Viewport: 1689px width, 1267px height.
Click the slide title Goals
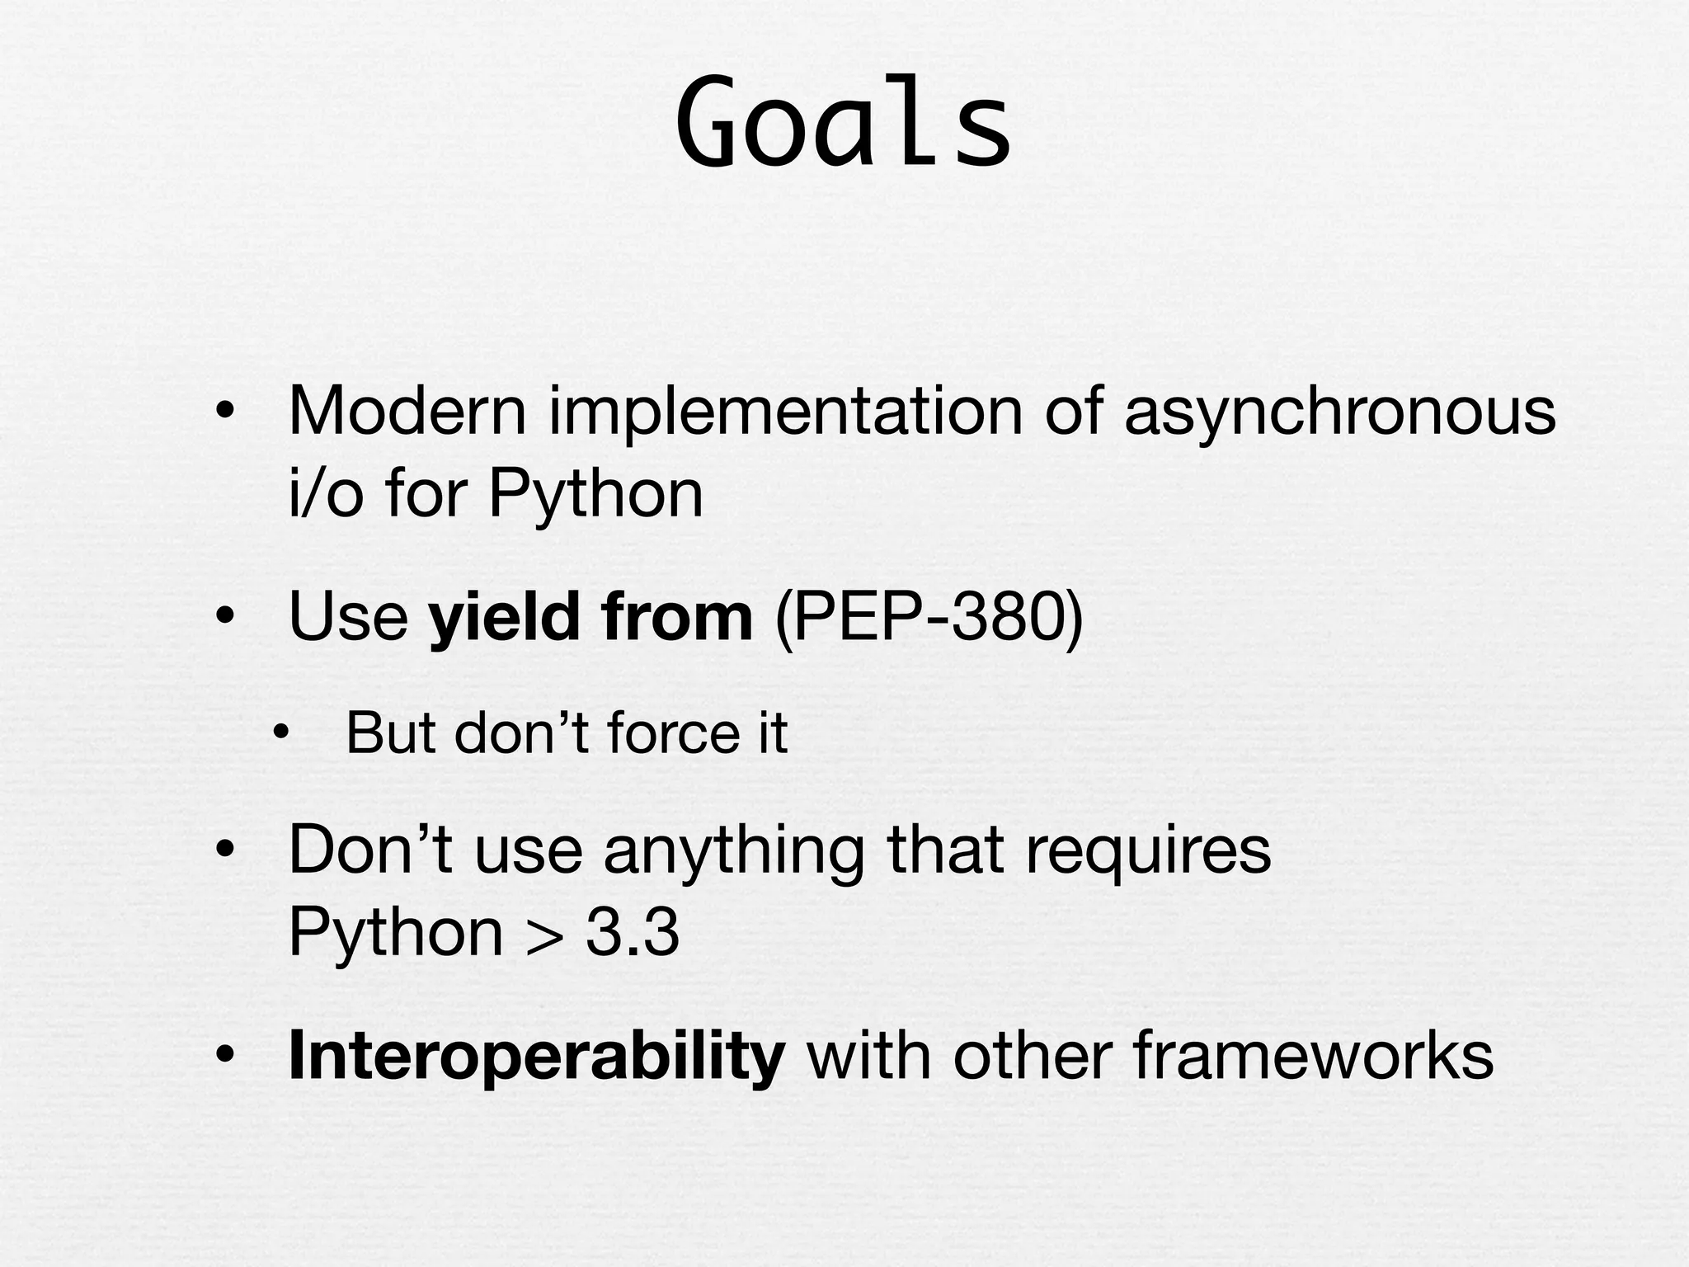click(x=843, y=124)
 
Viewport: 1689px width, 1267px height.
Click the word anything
click(x=734, y=850)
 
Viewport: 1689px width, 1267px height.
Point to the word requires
click(x=1148, y=850)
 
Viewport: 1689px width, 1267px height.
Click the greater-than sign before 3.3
click(x=545, y=935)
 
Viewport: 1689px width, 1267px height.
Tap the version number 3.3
click(x=633, y=933)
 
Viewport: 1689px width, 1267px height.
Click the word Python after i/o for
click(x=595, y=495)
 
